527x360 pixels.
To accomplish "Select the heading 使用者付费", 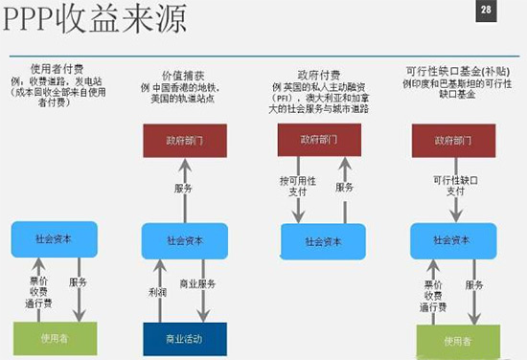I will pos(59,68).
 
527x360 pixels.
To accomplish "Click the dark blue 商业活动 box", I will pos(184,339).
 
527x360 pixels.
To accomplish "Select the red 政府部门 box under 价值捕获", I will pos(184,141).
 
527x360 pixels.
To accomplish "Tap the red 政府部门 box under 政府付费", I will pos(319,140).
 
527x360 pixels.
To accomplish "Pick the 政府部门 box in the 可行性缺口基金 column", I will pos(453,140).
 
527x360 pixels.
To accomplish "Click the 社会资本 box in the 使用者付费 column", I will pos(55,240).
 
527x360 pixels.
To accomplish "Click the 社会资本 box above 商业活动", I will pos(184,240).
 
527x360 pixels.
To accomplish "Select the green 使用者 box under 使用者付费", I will pos(55,339).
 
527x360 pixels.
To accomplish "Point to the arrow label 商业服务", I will pos(198,284).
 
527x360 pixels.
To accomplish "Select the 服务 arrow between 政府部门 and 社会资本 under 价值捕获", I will pos(184,189).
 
